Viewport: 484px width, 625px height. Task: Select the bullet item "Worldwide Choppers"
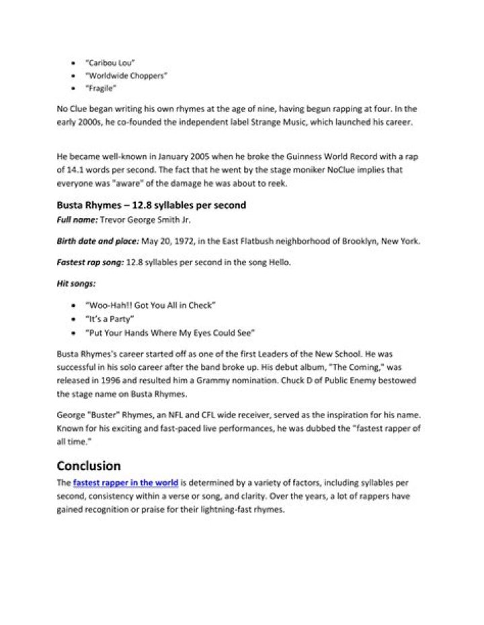click(x=126, y=76)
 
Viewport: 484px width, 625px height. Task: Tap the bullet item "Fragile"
click(x=102, y=88)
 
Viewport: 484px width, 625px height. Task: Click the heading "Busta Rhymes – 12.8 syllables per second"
click(x=151, y=205)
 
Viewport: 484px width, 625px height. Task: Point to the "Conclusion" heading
click(x=89, y=465)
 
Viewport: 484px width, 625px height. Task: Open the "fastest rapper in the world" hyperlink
click(x=126, y=483)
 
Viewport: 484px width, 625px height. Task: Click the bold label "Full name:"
click(x=77, y=220)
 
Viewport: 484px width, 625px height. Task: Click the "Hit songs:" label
click(x=75, y=284)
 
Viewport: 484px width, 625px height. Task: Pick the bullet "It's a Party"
click(x=110, y=318)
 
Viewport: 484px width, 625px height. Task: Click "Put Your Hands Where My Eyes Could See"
click(x=170, y=332)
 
